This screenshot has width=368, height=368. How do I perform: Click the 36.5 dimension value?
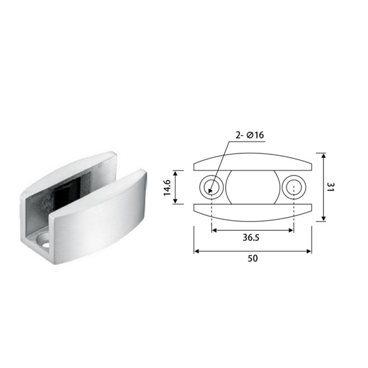(251, 237)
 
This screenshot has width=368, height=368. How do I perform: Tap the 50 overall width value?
(253, 258)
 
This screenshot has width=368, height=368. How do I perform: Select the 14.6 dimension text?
(167, 188)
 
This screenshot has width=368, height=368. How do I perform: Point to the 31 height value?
(330, 187)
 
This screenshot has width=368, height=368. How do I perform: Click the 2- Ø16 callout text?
(250, 135)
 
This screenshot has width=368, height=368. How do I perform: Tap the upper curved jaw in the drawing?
(253, 162)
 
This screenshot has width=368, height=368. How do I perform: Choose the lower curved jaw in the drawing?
(253, 212)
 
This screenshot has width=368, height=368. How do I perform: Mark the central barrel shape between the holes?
(253, 187)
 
